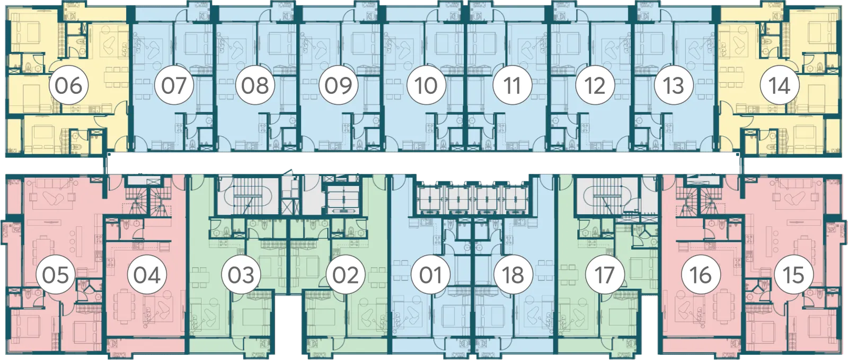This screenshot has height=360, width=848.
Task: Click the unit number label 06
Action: pyautogui.click(x=69, y=85)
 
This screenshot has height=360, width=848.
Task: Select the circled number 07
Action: pyautogui.click(x=174, y=85)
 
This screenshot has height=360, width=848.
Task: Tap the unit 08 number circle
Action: pyautogui.click(x=255, y=85)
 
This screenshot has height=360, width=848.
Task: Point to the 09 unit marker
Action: pyautogui.click(x=338, y=85)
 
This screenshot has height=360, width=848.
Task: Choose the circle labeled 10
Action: pyautogui.click(x=426, y=85)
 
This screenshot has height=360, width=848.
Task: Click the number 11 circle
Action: pyautogui.click(x=512, y=85)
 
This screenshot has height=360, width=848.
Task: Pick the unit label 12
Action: pyautogui.click(x=594, y=85)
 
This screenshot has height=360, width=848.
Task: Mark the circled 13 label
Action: pyautogui.click(x=674, y=85)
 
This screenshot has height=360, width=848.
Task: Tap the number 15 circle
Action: pyautogui.click(x=793, y=275)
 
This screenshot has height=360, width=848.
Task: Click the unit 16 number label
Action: pyautogui.click(x=701, y=275)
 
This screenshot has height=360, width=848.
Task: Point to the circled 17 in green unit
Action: pyautogui.click(x=604, y=275)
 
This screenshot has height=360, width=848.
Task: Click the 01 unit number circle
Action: pyautogui.click(x=430, y=275)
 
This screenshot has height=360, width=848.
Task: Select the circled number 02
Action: pyautogui.click(x=346, y=275)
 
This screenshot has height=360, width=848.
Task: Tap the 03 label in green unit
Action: pyautogui.click(x=241, y=275)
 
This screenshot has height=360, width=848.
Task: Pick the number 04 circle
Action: pyautogui.click(x=147, y=275)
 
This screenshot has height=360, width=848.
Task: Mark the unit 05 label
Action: pyautogui.click(x=56, y=275)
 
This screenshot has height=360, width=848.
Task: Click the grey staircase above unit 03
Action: pyautogui.click(x=246, y=196)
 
